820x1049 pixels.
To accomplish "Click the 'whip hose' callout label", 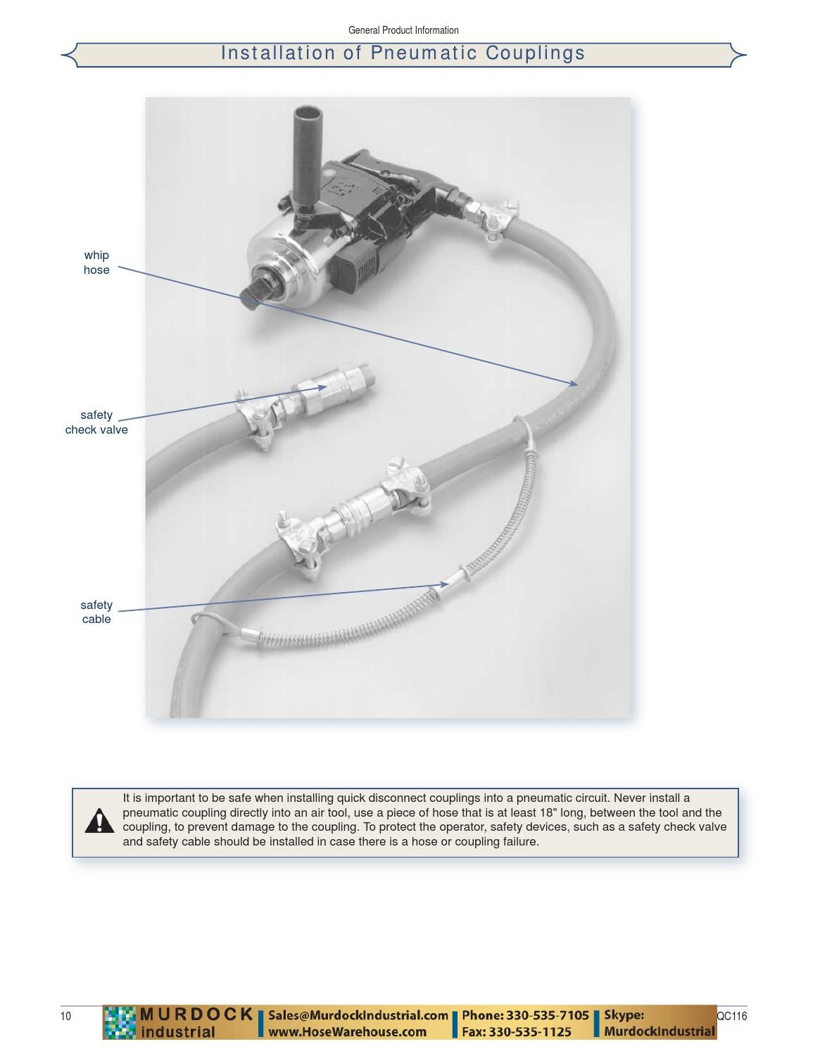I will pyautogui.click(x=96, y=263).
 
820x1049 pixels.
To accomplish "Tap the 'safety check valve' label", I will pyautogui.click(x=96, y=422).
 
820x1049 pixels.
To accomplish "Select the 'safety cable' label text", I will pyautogui.click(x=96, y=612).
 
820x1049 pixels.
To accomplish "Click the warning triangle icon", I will pyautogui.click(x=99, y=821).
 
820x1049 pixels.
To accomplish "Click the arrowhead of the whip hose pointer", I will pyautogui.click(x=574, y=384).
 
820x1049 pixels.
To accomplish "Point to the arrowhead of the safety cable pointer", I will pyautogui.click(x=443, y=584).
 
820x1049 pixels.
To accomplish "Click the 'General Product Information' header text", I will pyautogui.click(x=403, y=30).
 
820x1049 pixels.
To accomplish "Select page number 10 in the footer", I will pyautogui.click(x=65, y=1016).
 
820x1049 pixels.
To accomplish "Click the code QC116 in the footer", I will pyautogui.click(x=732, y=1016).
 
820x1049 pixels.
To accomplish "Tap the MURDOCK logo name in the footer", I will pyautogui.click(x=196, y=1015).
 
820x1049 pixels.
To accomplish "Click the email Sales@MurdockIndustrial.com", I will pyautogui.click(x=358, y=1015).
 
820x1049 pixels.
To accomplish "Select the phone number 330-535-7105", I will pyautogui.click(x=547, y=1015).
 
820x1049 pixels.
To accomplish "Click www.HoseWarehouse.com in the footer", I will pyautogui.click(x=348, y=1031).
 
